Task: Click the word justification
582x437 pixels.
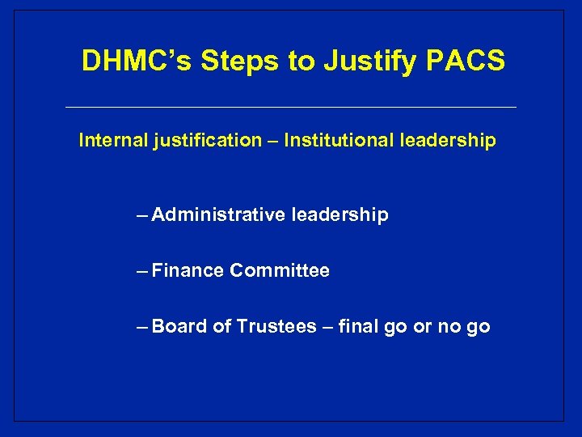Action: [x=208, y=142]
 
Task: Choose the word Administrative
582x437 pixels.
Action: [x=218, y=215]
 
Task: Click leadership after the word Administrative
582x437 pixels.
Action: [x=339, y=215]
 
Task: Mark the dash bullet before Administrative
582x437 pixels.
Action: [x=143, y=215]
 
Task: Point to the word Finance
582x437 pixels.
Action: [x=188, y=271]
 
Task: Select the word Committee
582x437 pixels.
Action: [x=280, y=271]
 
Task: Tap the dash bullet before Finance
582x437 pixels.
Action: [x=143, y=271]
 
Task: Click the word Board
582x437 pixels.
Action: [x=179, y=327]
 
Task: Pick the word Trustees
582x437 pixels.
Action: [x=276, y=327]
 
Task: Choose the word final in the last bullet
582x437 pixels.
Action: [x=361, y=327]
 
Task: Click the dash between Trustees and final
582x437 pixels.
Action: [x=327, y=327]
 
